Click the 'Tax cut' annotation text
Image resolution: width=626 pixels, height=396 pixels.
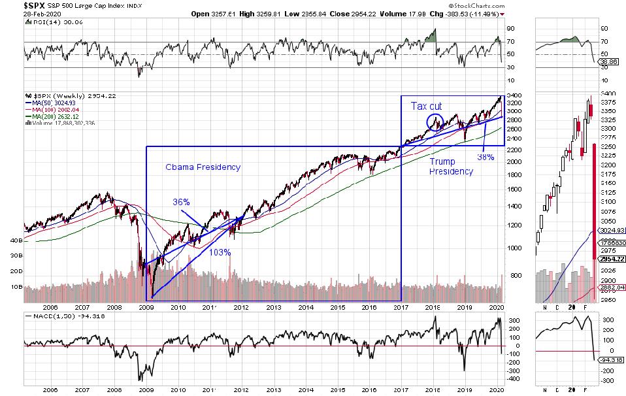(x=426, y=105)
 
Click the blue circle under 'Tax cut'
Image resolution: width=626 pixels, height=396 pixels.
(x=435, y=121)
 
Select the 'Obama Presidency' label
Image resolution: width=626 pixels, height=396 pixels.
(x=203, y=167)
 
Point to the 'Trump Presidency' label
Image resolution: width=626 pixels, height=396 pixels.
(x=451, y=166)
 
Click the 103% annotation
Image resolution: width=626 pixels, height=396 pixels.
(x=220, y=252)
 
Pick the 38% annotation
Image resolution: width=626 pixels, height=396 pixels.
(x=486, y=156)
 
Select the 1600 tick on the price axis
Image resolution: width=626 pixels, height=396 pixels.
(x=515, y=190)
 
